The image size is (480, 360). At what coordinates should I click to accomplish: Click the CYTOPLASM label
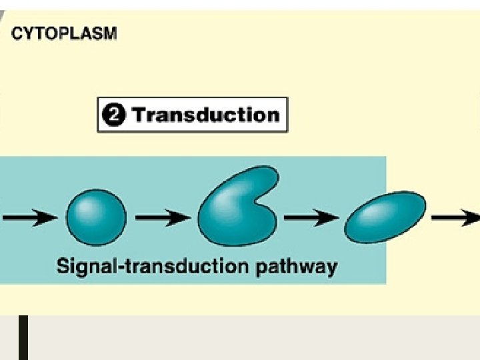(65, 33)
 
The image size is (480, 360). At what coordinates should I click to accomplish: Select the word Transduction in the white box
(205, 115)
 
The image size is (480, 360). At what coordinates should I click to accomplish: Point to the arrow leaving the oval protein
(456, 217)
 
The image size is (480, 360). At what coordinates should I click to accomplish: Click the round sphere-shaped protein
(96, 215)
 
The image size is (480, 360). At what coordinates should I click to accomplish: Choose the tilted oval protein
(385, 217)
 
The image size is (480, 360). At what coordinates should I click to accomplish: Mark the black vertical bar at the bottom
(23, 337)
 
